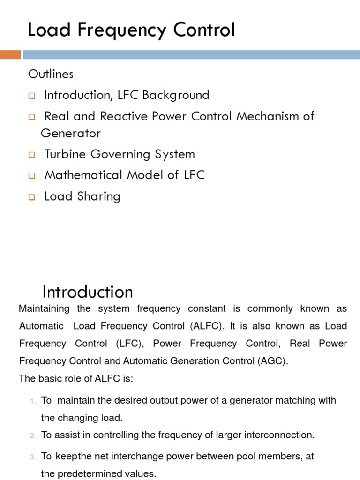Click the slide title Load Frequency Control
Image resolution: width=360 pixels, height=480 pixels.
tap(131, 30)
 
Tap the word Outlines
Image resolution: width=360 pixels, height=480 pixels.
tap(51, 74)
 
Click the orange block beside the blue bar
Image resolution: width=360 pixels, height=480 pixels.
tap(10, 55)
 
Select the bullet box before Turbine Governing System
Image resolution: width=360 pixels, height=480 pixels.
tap(32, 155)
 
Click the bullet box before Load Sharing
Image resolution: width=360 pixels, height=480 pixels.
tap(32, 197)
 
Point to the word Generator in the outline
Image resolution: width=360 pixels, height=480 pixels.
tap(71, 134)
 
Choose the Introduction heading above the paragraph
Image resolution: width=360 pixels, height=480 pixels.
tap(88, 292)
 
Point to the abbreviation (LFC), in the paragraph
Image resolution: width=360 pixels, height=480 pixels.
tap(127, 344)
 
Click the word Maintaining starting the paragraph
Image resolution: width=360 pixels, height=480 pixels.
tap(44, 309)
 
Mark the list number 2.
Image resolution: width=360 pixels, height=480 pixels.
tap(33, 436)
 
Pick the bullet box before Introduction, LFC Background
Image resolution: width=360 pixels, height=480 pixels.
tap(32, 96)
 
